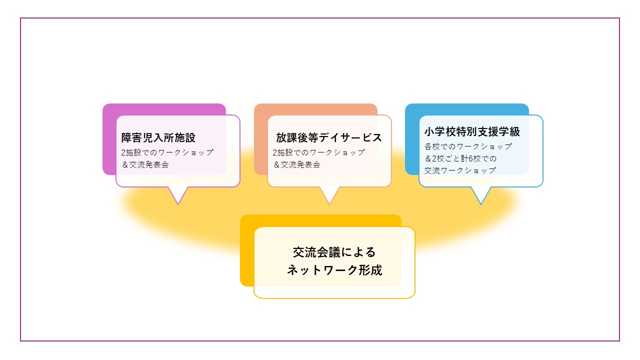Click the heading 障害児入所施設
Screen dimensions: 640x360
coord(158,137)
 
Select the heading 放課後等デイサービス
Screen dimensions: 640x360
coord(329,137)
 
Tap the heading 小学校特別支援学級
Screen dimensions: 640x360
coord(472,131)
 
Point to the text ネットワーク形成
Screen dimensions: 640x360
coord(334,270)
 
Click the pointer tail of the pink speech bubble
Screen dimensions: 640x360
coord(178,195)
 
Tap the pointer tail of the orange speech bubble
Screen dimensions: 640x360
coord(329,195)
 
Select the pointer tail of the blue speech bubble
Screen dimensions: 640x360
coord(481,195)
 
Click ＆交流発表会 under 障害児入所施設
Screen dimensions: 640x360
coord(145,165)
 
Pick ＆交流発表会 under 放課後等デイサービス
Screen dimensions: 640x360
coord(296,165)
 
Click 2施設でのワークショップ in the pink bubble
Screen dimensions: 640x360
coord(167,152)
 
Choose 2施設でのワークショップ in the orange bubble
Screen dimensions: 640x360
coord(318,152)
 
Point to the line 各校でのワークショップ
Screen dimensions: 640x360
coord(468,146)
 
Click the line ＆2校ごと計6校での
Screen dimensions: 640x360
coord(460,158)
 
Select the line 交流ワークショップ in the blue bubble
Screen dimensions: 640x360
coord(460,170)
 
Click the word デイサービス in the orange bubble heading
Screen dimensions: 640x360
coord(350,137)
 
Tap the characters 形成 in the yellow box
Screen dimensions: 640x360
coord(370,270)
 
